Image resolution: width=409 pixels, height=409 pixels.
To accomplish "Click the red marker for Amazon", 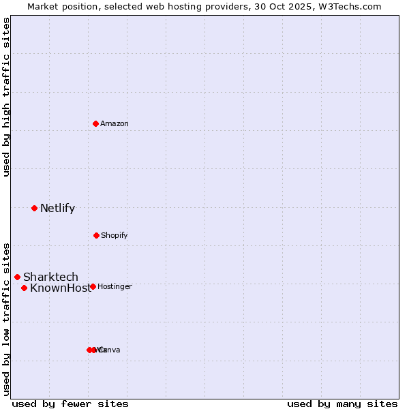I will pyautogui.click(x=96, y=123).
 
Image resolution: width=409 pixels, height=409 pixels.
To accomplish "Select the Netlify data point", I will pyautogui.click(x=34, y=208).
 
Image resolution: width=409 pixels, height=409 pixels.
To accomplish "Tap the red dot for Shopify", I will pyautogui.click(x=96, y=235).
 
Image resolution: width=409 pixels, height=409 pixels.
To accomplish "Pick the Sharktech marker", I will pyautogui.click(x=17, y=277).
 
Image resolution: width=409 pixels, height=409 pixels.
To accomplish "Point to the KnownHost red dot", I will pyautogui.click(x=24, y=288).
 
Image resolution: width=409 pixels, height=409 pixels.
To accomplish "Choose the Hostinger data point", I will pyautogui.click(x=93, y=286).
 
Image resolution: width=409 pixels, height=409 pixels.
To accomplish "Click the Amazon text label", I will pyautogui.click(x=114, y=123).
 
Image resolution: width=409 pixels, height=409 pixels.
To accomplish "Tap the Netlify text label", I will pyautogui.click(x=57, y=208).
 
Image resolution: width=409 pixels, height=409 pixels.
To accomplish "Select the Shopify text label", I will pyautogui.click(x=114, y=235).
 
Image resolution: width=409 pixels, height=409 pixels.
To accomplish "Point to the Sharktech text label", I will pyautogui.click(x=50, y=277).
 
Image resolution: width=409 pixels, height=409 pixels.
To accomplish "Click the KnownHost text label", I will pyautogui.click(x=59, y=288).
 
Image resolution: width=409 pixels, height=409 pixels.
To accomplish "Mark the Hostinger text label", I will pyautogui.click(x=115, y=286).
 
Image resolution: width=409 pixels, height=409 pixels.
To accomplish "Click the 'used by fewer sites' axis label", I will pyautogui.click(x=70, y=404).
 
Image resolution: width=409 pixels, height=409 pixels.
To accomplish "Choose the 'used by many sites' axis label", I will pyautogui.click(x=342, y=404).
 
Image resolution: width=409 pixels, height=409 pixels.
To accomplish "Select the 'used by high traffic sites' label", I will pyautogui.click(x=6, y=97).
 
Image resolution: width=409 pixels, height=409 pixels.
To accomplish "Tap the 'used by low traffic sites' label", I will pyautogui.click(x=6, y=318).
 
